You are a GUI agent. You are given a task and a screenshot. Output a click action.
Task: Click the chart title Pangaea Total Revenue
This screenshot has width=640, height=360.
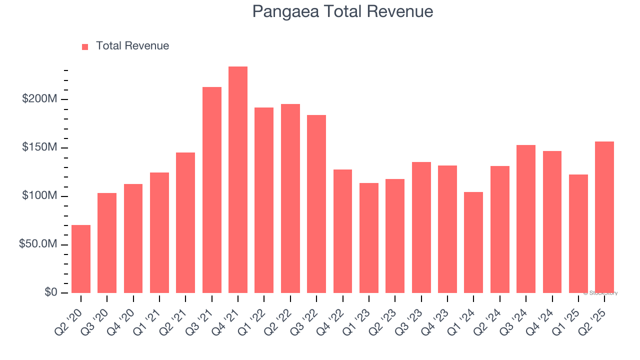click(x=342, y=11)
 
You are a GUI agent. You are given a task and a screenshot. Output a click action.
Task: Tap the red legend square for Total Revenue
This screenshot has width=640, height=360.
click(x=85, y=46)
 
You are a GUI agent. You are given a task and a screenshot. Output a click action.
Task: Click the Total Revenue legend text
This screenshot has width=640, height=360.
click(x=132, y=46)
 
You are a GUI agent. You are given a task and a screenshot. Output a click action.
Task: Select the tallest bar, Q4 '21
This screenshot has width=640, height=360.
click(x=238, y=180)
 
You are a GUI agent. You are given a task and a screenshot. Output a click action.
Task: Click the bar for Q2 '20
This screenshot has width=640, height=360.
click(x=81, y=259)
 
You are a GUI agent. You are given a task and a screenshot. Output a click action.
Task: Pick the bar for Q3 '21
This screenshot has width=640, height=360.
click(x=212, y=190)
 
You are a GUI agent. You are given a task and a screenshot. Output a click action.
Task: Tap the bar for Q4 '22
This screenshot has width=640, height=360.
click(x=342, y=231)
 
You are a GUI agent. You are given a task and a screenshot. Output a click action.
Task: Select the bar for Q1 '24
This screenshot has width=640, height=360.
click(x=473, y=242)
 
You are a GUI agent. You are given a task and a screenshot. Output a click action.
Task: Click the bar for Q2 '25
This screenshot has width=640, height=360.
click(x=604, y=217)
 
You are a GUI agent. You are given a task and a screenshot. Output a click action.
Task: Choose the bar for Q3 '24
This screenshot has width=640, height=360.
click(x=526, y=219)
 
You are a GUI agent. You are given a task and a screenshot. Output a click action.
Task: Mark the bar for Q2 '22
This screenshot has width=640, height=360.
click(x=290, y=198)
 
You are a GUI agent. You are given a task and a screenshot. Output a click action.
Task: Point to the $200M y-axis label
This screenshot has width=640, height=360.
click(x=39, y=99)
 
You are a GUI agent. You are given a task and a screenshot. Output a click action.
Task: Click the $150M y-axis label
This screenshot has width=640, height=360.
click(x=39, y=147)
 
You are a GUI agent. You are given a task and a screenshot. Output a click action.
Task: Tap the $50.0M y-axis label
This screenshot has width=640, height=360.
click(x=37, y=244)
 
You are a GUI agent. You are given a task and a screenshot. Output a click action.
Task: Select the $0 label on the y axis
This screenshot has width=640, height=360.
click(x=50, y=292)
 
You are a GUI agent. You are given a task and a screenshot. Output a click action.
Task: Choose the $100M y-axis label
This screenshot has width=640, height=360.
click(x=39, y=196)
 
